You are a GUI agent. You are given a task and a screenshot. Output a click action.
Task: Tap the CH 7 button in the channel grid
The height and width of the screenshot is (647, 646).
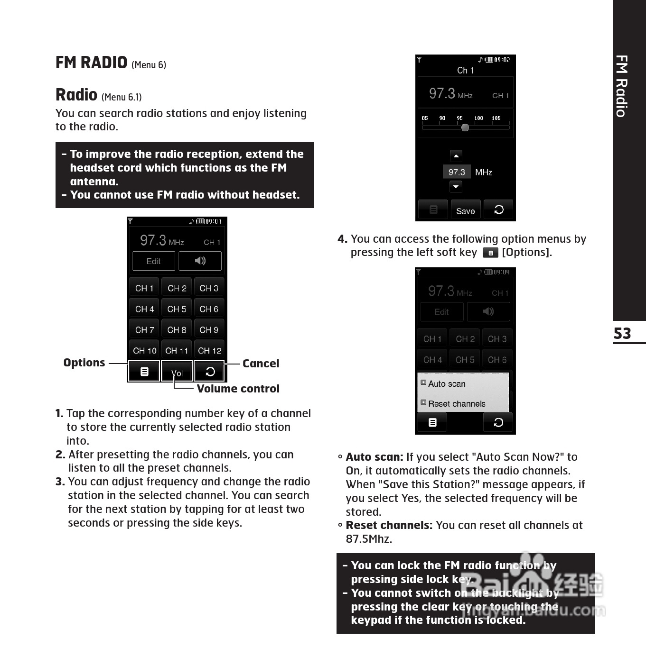tap(144, 330)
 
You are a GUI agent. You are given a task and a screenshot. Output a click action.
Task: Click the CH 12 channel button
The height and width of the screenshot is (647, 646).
tap(209, 351)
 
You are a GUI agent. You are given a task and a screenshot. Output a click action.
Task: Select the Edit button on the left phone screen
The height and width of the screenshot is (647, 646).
tap(153, 261)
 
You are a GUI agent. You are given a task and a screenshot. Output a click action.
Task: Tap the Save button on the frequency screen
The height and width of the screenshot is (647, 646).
tap(465, 211)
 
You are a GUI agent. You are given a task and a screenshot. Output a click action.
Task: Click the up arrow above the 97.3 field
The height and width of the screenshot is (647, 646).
tap(456, 156)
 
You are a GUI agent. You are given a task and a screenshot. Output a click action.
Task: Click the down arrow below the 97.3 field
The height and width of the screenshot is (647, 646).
tap(456, 187)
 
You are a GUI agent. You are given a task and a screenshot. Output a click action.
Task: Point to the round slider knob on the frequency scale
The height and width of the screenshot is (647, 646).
tap(465, 128)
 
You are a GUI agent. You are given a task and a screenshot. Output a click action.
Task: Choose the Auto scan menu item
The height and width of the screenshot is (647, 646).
tap(447, 384)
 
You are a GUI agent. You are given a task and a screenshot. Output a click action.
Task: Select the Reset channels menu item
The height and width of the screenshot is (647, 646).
tap(457, 404)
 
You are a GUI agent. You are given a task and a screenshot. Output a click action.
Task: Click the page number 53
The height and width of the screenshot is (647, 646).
tap(622, 334)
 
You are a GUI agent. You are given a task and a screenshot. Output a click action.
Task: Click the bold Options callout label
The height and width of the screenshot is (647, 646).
tap(84, 363)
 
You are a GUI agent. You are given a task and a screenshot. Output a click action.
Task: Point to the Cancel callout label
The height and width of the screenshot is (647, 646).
tap(261, 364)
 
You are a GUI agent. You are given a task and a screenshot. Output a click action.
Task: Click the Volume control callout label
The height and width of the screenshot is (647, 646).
tap(238, 389)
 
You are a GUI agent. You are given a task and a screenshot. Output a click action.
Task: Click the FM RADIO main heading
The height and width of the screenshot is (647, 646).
tap(91, 63)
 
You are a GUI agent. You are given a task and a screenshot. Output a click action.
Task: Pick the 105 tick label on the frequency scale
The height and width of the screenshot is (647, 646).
tap(496, 118)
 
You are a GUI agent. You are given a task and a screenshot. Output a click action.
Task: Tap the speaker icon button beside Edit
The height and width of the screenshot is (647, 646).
tap(200, 261)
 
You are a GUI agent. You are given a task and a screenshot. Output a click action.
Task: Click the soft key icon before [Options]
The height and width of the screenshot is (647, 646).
tap(490, 253)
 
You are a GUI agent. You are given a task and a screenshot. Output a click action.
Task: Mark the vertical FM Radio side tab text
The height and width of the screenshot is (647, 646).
tap(621, 86)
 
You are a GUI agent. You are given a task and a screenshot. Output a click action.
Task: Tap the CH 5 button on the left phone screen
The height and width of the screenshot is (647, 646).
tap(177, 309)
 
